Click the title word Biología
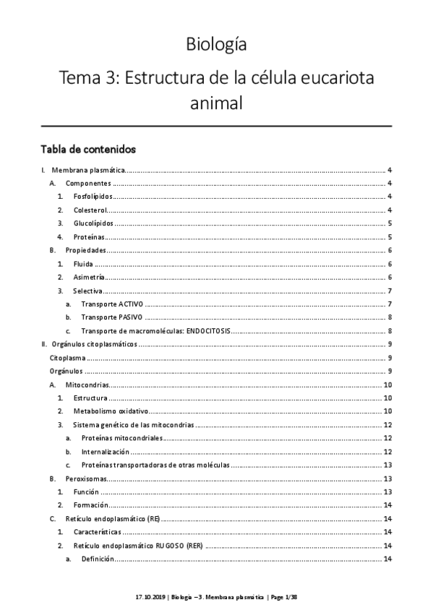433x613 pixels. tap(216, 45)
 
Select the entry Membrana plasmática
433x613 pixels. tap(90, 171)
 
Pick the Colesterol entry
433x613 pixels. tap(90, 210)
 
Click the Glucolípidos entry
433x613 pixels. tap(93, 223)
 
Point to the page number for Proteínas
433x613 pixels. tap(390, 237)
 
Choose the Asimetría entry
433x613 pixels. tap(89, 277)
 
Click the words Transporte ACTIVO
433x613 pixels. tap(112, 304)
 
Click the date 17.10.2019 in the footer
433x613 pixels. tap(149, 598)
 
